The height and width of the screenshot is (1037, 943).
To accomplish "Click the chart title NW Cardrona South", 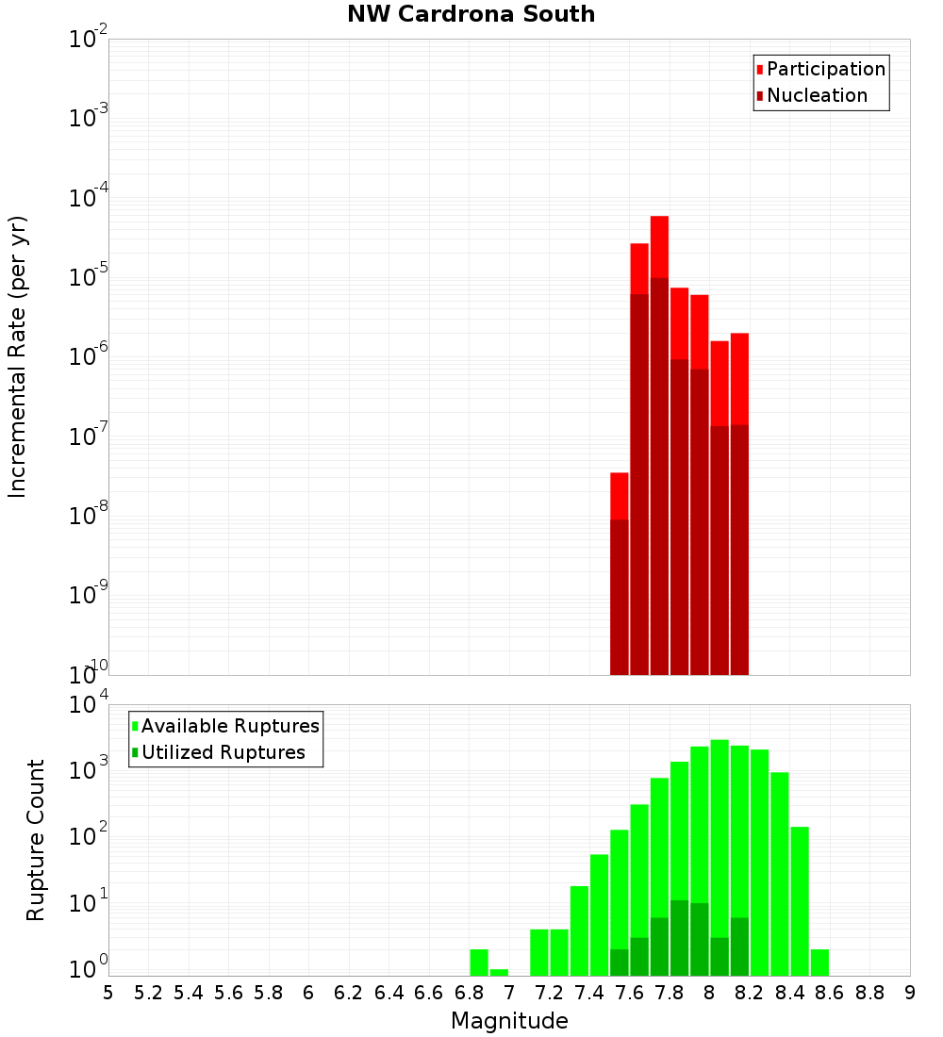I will (471, 14).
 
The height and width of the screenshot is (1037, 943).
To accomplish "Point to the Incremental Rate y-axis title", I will (18, 356).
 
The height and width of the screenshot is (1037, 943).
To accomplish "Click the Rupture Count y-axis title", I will (36, 839).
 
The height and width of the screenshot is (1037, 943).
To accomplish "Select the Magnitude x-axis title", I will (509, 1021).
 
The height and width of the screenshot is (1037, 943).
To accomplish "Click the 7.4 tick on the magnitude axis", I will (589, 993).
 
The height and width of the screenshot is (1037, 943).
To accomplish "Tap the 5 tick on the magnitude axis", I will (108, 993).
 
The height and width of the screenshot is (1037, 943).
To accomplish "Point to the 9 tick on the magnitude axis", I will (910, 993).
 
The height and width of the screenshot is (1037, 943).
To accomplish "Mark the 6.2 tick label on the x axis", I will (349, 993).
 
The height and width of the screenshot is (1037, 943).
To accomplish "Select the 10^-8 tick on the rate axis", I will (88, 516).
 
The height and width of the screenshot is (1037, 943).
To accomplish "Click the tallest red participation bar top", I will (659, 219).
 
